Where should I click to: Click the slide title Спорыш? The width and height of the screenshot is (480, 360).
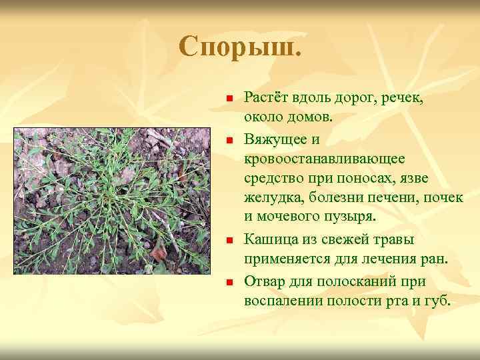pyautogui.click(x=240, y=47)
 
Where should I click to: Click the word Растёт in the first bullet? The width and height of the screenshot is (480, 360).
pyautogui.click(x=265, y=97)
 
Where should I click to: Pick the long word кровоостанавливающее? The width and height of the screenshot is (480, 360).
pyautogui.click(x=324, y=159)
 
